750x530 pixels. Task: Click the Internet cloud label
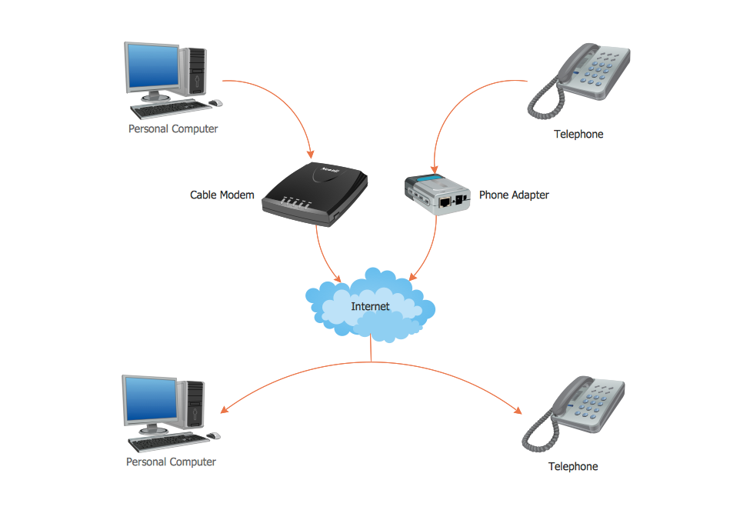click(x=370, y=306)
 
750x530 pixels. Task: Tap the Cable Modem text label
click(x=222, y=195)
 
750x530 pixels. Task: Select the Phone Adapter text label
click(x=514, y=195)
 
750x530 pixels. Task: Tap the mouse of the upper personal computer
click(x=215, y=102)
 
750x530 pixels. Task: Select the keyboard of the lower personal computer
click(x=166, y=442)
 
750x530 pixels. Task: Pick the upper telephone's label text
click(x=578, y=134)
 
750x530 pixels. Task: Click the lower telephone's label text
click(x=572, y=466)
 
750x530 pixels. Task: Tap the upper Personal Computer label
click(x=173, y=128)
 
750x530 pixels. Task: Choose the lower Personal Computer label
click(x=171, y=462)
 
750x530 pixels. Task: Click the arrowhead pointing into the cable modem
click(x=309, y=153)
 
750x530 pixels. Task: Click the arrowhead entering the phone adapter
click(x=436, y=167)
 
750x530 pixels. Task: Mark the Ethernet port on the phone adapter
click(x=446, y=202)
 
